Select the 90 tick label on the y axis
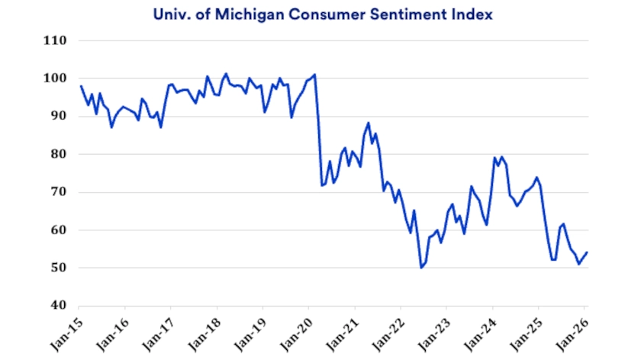click(59, 116)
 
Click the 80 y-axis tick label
click(59, 154)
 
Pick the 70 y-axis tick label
click(59, 192)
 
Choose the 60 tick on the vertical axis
click(59, 230)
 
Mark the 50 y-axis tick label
click(59, 268)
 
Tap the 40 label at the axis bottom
click(59, 306)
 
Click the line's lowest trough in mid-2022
click(420, 268)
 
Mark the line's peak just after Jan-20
click(315, 75)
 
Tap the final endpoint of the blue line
click(586, 252)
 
